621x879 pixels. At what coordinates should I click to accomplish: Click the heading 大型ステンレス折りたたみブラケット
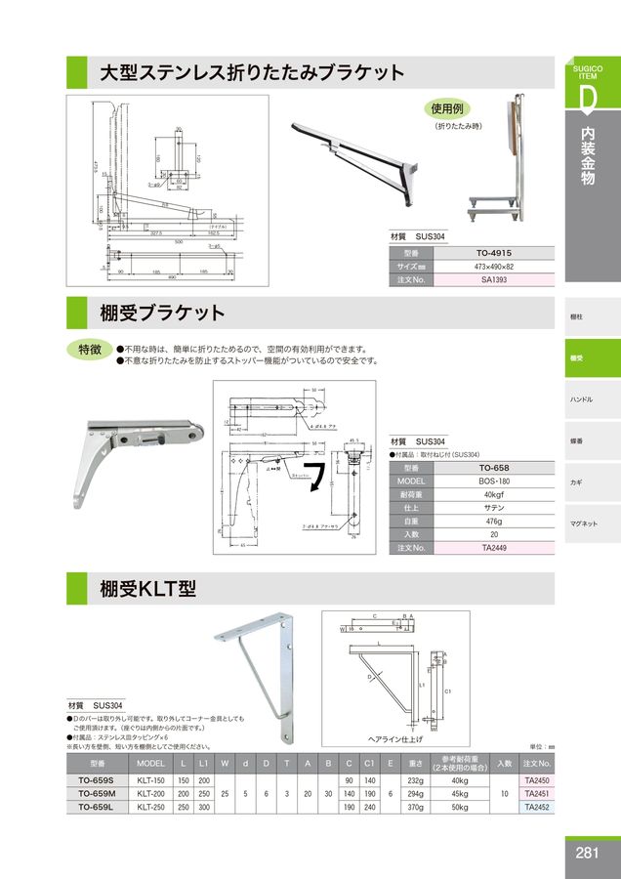252,73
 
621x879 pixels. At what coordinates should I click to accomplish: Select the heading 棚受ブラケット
162,313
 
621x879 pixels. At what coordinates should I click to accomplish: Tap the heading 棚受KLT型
148,589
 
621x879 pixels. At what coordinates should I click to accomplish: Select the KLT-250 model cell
151,808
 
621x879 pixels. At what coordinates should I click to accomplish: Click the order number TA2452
537,808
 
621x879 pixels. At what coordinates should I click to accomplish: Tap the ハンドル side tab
582,399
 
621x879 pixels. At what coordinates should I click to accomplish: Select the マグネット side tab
585,524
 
